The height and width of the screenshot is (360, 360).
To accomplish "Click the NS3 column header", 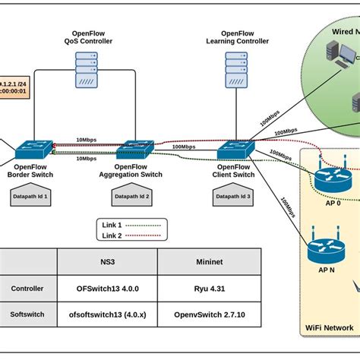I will [x=107, y=262].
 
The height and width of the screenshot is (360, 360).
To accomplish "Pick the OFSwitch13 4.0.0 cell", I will [x=107, y=288].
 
